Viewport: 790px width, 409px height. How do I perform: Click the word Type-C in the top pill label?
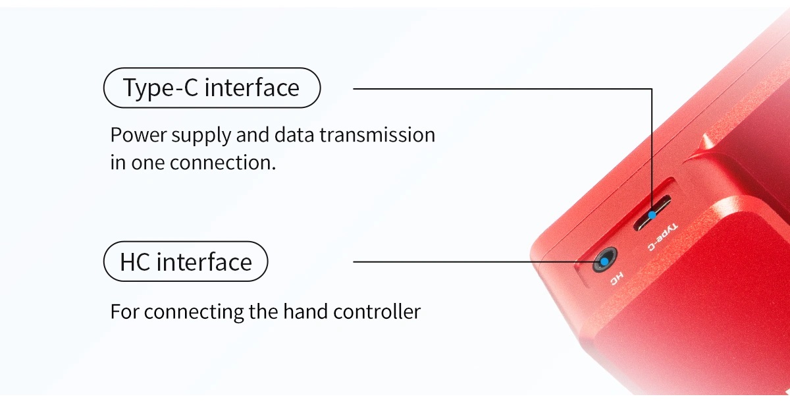click(161, 88)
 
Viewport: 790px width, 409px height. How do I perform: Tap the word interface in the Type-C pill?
click(251, 87)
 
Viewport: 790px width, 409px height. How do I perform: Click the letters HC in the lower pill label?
click(135, 262)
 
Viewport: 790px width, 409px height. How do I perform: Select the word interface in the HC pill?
click(204, 262)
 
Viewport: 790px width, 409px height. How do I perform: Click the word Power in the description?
click(138, 135)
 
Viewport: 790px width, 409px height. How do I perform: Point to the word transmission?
click(377, 135)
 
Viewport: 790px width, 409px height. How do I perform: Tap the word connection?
click(223, 163)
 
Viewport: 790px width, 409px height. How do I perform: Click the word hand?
click(305, 312)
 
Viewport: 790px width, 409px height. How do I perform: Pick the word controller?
click(377, 312)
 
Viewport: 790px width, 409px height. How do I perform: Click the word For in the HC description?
click(124, 312)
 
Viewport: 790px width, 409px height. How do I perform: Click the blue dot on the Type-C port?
click(652, 215)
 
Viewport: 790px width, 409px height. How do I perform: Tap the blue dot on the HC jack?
click(604, 261)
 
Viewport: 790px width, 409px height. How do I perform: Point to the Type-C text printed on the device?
click(662, 237)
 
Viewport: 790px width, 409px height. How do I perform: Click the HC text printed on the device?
click(616, 279)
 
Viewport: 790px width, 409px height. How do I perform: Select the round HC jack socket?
click(604, 260)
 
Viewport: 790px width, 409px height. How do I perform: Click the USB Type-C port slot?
click(652, 213)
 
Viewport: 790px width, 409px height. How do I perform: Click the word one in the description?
click(148, 163)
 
